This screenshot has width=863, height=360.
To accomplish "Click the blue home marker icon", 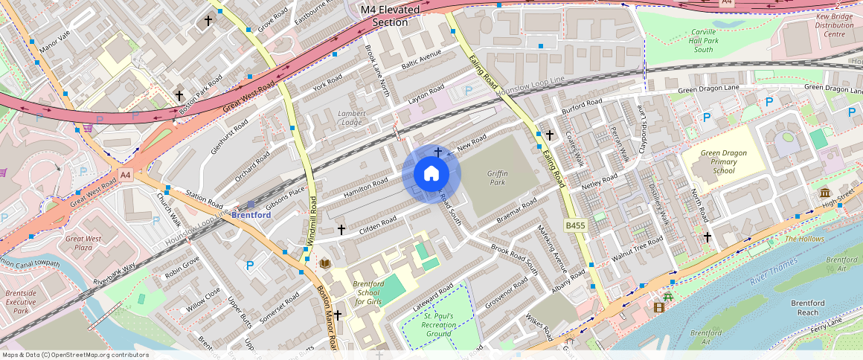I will [x=431, y=174].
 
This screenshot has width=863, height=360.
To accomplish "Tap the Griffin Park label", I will [x=497, y=177].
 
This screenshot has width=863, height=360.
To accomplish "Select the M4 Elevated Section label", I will [x=390, y=16].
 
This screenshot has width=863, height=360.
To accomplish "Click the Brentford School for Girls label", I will [x=368, y=293].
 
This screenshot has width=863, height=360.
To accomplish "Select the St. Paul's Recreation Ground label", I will [x=438, y=324].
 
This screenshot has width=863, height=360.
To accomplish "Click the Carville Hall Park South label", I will [x=704, y=41].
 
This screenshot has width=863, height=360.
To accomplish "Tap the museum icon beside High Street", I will [x=825, y=193].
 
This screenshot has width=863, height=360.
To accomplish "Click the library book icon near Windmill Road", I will [x=324, y=263].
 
